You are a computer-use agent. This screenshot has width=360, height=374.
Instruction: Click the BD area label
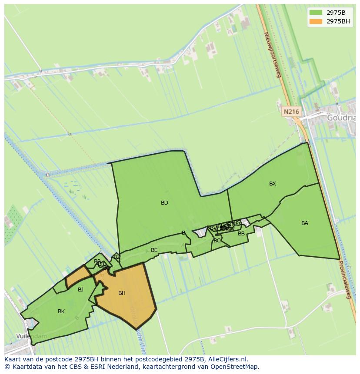[164, 203]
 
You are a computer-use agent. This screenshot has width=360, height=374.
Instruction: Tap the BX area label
[273, 184]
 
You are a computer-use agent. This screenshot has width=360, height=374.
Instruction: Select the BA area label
[305, 223]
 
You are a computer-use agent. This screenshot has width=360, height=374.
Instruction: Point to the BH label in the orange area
[122, 293]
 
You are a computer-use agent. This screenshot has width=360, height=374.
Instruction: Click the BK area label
[61, 311]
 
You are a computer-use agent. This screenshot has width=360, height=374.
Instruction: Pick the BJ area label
[80, 290]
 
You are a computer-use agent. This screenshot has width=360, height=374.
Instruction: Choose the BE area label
[154, 250]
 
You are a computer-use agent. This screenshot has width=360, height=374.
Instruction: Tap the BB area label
[241, 234]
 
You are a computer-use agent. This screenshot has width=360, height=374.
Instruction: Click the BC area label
[217, 241]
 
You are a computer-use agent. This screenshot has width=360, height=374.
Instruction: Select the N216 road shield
[291, 112]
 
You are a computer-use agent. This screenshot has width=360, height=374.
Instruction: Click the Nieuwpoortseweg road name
[273, 55]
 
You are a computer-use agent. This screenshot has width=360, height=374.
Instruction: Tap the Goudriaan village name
[341, 117]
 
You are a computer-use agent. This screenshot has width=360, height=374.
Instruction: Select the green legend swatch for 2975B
[316, 13]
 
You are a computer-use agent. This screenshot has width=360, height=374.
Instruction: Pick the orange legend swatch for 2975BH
[316, 21]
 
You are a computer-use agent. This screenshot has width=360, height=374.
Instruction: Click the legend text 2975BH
[339, 21]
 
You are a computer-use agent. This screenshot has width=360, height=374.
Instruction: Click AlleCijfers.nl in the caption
[227, 359]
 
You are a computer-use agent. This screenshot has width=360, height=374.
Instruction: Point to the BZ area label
[117, 257]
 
